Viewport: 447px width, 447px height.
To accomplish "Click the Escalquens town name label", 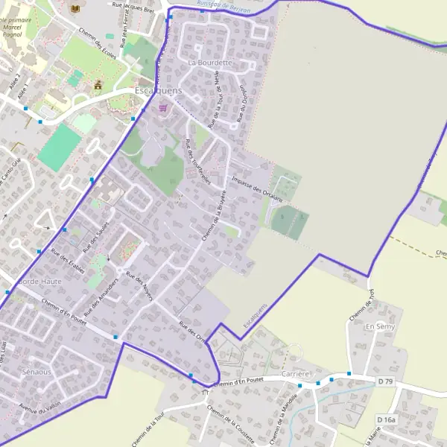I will coord(159,90).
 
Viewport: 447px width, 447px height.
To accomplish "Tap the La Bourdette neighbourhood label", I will coord(211,63).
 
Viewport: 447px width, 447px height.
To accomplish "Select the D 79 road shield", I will coord(385,381).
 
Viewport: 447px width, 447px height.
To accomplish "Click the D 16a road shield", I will coord(386,420).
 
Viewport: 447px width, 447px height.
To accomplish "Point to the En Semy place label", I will coord(379,327).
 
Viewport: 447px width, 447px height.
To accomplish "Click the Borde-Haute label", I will coord(39,282).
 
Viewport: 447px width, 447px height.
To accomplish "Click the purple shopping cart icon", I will coord(163,107).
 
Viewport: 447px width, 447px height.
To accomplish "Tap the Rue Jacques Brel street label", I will coord(133,7).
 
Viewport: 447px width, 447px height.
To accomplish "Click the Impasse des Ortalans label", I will coord(257,189).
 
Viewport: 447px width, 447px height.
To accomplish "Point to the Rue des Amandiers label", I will coord(102,296).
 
